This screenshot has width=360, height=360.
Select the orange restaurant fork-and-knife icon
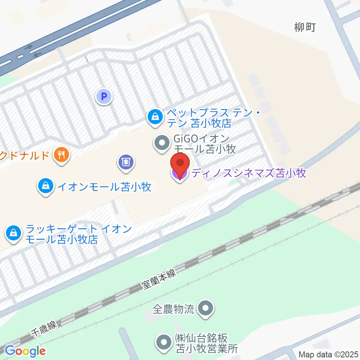coord(61,155)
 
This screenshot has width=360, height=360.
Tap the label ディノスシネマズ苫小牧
coord(249,173)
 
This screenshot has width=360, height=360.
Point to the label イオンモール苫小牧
coord(104,186)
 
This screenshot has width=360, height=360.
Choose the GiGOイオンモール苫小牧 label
coord(205,144)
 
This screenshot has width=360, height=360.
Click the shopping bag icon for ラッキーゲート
coord(13,234)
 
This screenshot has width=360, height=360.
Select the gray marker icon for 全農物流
coord(205,309)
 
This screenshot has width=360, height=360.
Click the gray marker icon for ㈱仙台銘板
coord(164,343)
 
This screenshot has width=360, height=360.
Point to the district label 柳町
coord(305,27)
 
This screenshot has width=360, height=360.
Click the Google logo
coord(25,351)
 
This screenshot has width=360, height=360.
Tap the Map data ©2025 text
coord(328,354)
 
